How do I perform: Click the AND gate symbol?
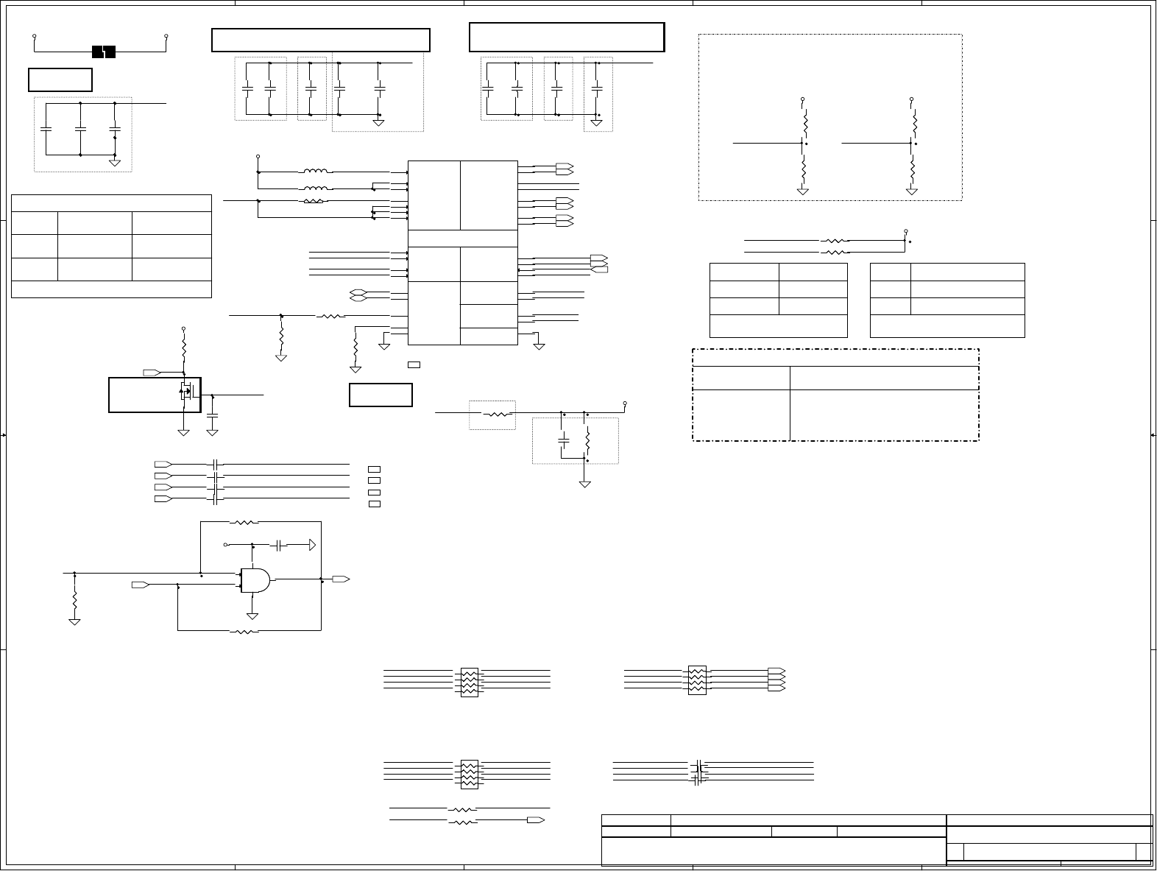[255, 581]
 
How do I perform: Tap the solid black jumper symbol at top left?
[104, 52]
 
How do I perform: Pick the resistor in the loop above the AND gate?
[244, 523]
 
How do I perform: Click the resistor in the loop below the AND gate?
[244, 631]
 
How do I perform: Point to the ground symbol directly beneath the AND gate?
[252, 615]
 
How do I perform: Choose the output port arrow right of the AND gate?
[340, 579]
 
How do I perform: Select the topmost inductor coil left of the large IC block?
[315, 172]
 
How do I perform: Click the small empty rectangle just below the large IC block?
[414, 364]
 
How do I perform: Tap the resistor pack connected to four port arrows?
[696, 680]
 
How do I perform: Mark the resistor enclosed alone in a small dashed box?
[498, 414]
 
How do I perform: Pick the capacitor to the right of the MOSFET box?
[213, 417]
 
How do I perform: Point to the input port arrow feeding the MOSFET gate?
[150, 371]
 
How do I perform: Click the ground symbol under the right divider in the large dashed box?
[912, 191]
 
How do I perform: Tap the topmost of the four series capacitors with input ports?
[215, 464]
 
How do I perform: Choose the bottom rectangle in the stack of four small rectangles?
[374, 504]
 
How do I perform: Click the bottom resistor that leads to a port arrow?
[462, 819]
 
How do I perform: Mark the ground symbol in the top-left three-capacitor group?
[115, 161]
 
